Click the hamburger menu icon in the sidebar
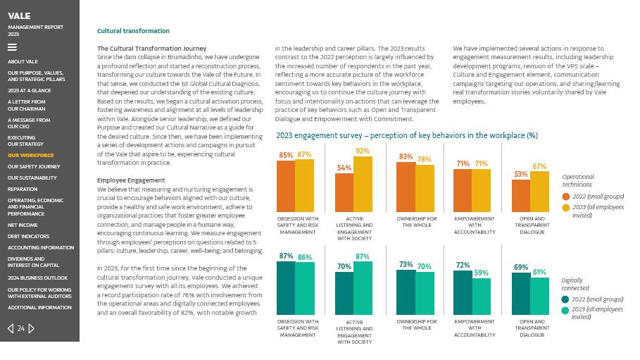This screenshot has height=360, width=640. point(12,48)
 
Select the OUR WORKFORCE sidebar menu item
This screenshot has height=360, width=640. point(30,155)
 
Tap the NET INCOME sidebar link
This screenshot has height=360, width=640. point(23,225)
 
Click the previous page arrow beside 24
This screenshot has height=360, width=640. point(11,328)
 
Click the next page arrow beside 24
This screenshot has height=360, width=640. point(32,328)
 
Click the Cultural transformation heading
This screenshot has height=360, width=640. point(133,31)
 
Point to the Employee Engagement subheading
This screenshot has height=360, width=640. point(131,180)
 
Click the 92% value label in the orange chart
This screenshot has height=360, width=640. point(362,151)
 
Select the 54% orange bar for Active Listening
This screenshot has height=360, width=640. point(344,192)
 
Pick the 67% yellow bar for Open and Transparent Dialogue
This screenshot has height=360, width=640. point(539,192)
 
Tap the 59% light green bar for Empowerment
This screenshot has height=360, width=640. point(481,297)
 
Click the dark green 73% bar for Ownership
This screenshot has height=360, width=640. point(406,292)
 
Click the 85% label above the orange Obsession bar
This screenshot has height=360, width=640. point(285,156)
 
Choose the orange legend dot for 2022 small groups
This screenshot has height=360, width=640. point(565,197)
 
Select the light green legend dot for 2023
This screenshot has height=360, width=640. point(565,311)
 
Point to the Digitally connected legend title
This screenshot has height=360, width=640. point(575,284)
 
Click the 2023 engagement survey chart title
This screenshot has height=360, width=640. point(406,135)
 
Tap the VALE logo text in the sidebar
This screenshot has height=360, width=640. point(19,15)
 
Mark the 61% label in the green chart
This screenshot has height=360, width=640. point(539,272)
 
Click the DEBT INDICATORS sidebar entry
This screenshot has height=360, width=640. point(28,237)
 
